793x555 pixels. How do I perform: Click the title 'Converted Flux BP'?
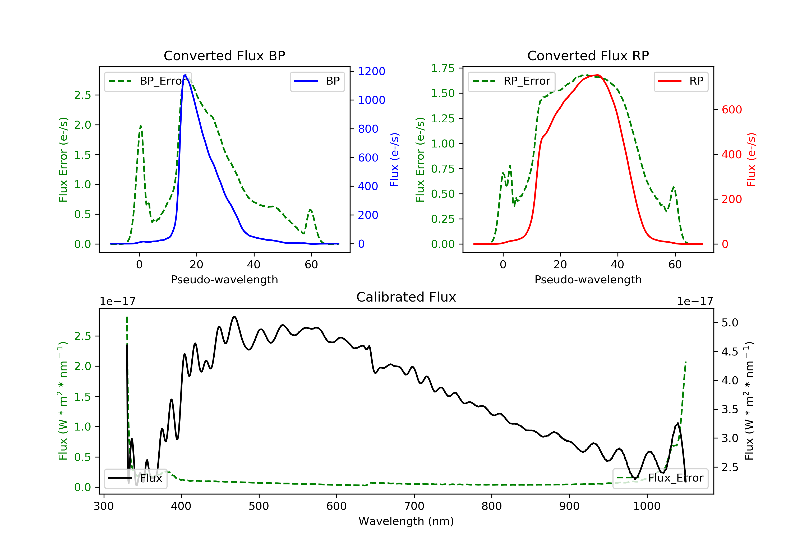pos(224,55)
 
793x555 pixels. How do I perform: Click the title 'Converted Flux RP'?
pos(588,55)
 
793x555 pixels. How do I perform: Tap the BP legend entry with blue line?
pos(317,81)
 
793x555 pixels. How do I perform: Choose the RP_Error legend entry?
pos(511,81)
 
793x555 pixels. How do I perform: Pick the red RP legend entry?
pos(681,81)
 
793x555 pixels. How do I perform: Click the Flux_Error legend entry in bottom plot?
pos(660,478)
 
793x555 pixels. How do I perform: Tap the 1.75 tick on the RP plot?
pos(443,68)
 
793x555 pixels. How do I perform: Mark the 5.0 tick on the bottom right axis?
pos(730,323)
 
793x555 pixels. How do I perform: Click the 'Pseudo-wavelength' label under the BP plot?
pos(224,279)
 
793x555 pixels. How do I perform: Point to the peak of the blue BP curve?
pos(185,75)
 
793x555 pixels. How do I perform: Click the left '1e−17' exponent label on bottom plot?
pos(117,302)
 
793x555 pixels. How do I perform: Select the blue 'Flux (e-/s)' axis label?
pos(394,160)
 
